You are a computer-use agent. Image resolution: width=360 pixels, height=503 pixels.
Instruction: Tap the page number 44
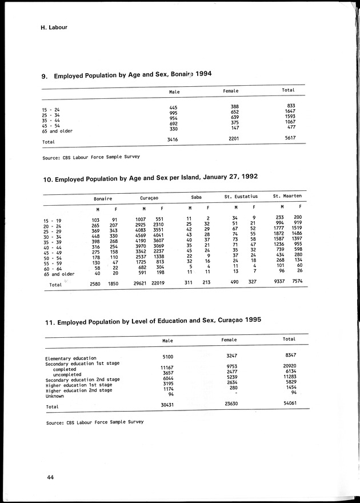(51, 477)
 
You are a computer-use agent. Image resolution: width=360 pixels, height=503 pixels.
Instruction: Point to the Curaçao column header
(149, 198)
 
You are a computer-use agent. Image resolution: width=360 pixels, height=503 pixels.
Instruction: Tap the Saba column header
(196, 198)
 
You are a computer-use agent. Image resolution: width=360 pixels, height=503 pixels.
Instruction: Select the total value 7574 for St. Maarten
(295, 282)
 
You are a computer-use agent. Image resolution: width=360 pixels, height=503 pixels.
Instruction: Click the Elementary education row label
(71, 359)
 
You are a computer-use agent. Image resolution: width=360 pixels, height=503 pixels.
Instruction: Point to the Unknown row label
(55, 396)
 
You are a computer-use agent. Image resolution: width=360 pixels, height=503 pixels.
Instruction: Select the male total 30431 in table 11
(167, 405)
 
